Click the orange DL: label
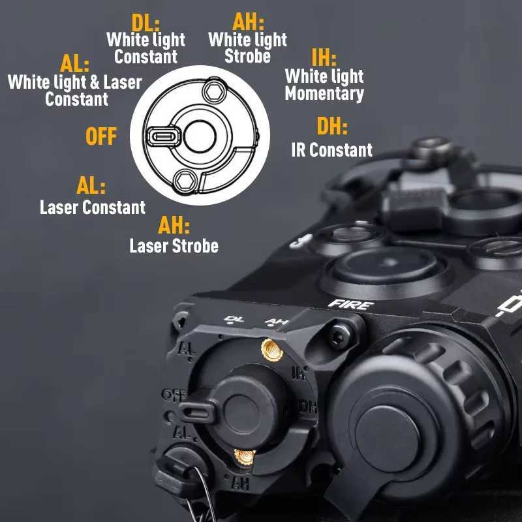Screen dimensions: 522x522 coord(146,24)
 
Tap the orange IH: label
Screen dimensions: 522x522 coord(324,59)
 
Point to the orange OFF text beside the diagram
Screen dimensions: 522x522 coord(102,137)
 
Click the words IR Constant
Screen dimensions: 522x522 coord(331,150)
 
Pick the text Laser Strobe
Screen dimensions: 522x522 coord(174,246)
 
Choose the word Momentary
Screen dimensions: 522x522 coord(324,93)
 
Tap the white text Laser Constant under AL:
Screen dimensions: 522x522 coord(92,207)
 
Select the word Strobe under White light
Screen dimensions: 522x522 coord(247,56)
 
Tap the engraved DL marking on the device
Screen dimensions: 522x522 coord(230,319)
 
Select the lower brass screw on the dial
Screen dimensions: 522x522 coord(245,457)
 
